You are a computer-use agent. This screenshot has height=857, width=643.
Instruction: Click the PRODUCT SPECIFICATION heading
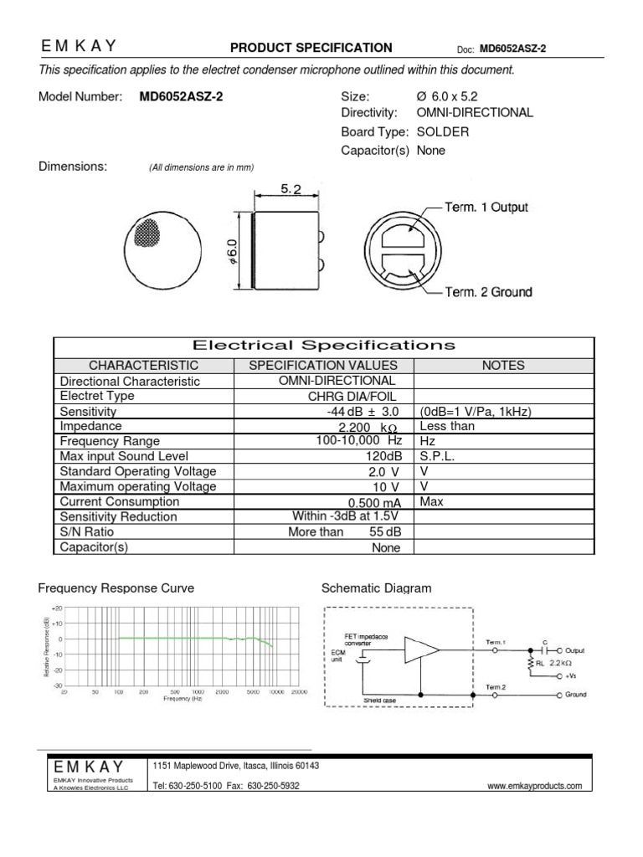pos(311,48)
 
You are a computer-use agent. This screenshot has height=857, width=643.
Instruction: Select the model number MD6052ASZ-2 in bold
pos(182,96)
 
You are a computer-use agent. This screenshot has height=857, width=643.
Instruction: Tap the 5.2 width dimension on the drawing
pos(291,190)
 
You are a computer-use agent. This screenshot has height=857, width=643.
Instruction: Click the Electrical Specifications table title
pos(324,346)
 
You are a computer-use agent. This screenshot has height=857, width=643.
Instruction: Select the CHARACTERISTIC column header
pos(143,365)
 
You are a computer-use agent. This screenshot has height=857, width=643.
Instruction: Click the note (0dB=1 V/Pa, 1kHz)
pos(476,412)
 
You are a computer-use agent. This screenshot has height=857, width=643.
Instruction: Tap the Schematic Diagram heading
pos(377,588)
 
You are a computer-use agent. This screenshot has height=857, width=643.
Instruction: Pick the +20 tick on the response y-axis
pos(57,608)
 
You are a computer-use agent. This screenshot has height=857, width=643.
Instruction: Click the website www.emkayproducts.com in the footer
pos(534,786)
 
